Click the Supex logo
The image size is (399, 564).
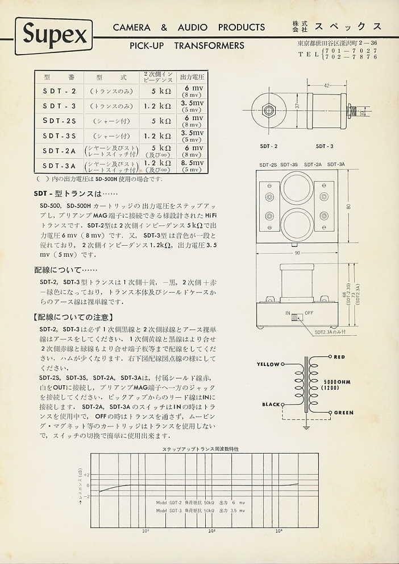click(55, 36)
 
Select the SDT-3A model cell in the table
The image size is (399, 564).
click(59, 166)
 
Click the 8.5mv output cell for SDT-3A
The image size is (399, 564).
click(192, 163)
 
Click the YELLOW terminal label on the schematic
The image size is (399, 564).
click(268, 364)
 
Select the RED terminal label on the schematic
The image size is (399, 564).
click(339, 357)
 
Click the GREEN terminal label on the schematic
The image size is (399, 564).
click(343, 413)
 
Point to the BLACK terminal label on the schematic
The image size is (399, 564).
click(271, 405)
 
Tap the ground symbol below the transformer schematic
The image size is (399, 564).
click(306, 426)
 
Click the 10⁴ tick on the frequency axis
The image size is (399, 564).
click(279, 531)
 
